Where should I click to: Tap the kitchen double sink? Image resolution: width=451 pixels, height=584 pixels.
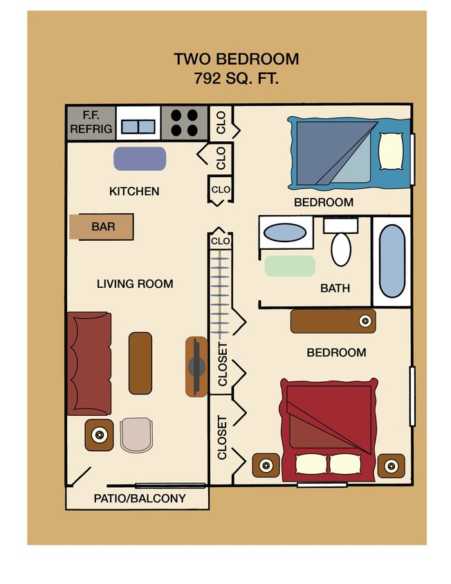click(138, 126)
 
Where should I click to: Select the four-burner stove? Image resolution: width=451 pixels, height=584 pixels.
click(184, 123)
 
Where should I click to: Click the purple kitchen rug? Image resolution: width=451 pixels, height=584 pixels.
click(140, 158)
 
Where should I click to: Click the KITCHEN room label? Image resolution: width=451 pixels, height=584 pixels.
click(134, 191)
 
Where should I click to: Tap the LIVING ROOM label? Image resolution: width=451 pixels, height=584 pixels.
click(135, 284)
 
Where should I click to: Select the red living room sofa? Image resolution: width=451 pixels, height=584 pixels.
click(89, 363)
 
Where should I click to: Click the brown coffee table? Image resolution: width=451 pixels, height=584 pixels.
click(140, 363)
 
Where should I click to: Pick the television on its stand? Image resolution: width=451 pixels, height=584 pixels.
click(196, 367)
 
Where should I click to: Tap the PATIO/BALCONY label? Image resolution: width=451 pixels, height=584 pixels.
click(140, 498)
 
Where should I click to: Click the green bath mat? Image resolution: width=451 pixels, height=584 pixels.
click(290, 266)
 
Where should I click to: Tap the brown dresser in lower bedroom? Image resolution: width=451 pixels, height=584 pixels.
click(333, 321)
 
